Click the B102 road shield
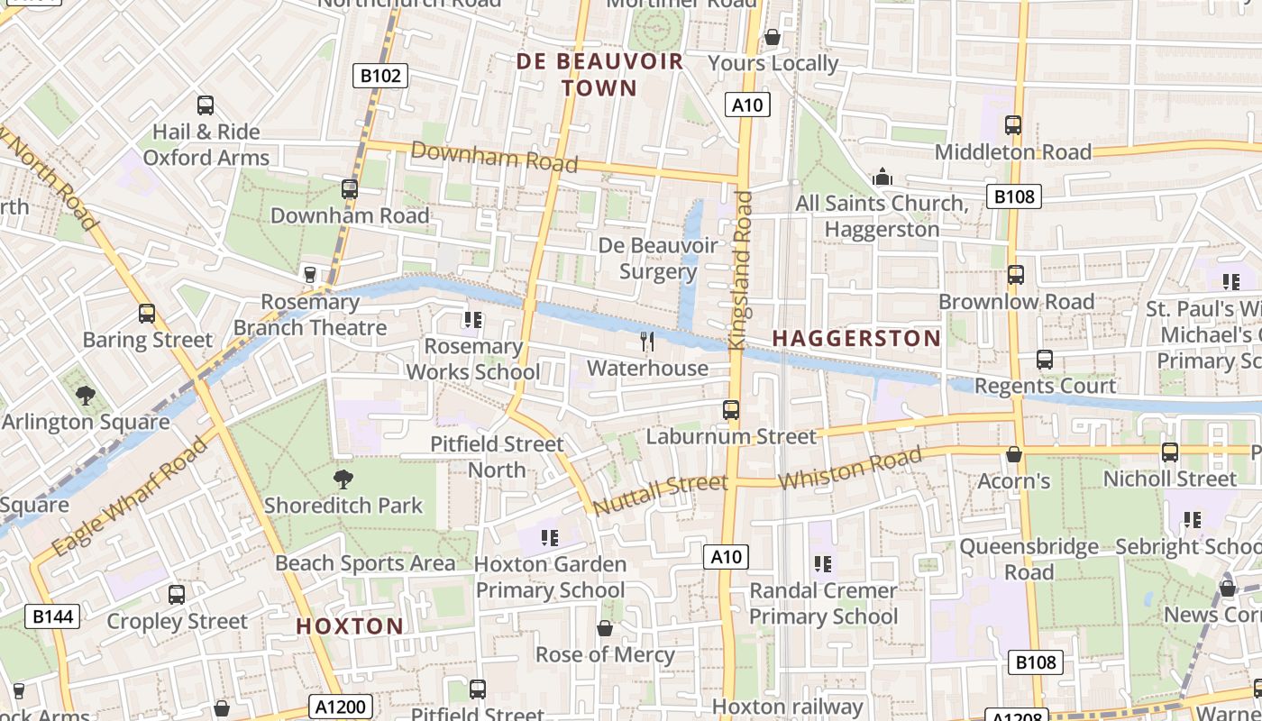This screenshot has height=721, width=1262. pyautogui.click(x=380, y=76)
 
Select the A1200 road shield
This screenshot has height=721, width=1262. pyautogui.click(x=342, y=707)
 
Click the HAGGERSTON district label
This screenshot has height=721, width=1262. pyautogui.click(x=856, y=339)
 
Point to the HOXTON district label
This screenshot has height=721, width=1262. pyautogui.click(x=350, y=625)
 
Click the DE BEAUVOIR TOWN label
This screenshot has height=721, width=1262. pyautogui.click(x=599, y=75)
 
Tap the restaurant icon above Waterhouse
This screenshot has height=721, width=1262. pyautogui.click(x=646, y=341)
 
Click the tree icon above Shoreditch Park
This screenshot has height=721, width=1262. pyautogui.click(x=343, y=479)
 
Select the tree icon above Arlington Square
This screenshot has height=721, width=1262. pyautogui.click(x=86, y=395)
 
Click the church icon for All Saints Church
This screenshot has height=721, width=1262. pyautogui.click(x=882, y=177)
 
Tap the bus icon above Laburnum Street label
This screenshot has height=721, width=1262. pyautogui.click(x=731, y=410)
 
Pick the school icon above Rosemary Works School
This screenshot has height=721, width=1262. pyautogui.click(x=473, y=319)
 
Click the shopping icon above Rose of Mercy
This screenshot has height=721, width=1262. pyautogui.click(x=605, y=628)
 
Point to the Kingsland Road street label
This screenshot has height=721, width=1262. pyautogui.click(x=741, y=270)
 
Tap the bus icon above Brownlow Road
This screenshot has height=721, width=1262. pyautogui.click(x=1016, y=275)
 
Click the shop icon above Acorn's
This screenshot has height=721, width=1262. pyautogui.click(x=1014, y=454)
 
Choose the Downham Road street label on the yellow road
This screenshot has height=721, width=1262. pyautogui.click(x=494, y=157)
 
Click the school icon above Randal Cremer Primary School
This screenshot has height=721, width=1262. pyautogui.click(x=822, y=564)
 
